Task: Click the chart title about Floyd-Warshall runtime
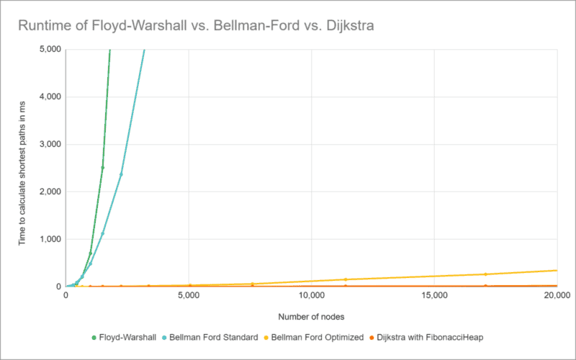pyautogui.click(x=196, y=27)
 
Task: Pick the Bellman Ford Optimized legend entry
pyautogui.click(x=318, y=338)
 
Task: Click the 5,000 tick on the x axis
pyautogui.click(x=189, y=296)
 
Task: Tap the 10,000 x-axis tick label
pyautogui.click(x=311, y=296)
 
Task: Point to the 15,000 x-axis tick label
pyautogui.click(x=435, y=296)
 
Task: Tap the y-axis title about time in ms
pyautogui.click(x=22, y=168)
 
